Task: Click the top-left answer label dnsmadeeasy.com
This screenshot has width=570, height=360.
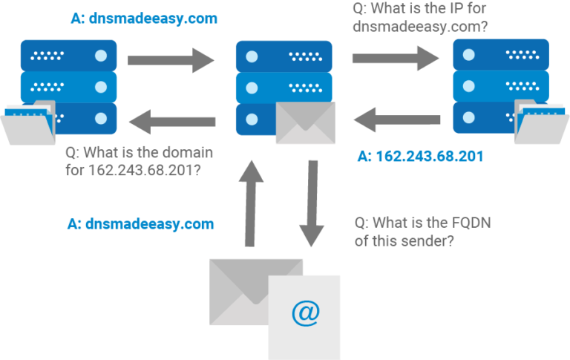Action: click(143, 18)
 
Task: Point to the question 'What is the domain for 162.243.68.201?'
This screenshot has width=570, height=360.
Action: click(139, 162)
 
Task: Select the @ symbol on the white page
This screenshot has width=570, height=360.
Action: click(304, 314)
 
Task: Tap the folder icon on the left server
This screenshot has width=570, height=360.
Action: click(28, 123)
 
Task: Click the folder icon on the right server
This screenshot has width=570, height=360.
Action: click(540, 123)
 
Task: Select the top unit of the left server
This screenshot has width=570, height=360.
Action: click(68, 55)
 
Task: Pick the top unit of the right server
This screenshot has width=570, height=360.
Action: click(501, 55)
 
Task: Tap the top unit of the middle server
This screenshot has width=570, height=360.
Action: click(284, 56)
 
